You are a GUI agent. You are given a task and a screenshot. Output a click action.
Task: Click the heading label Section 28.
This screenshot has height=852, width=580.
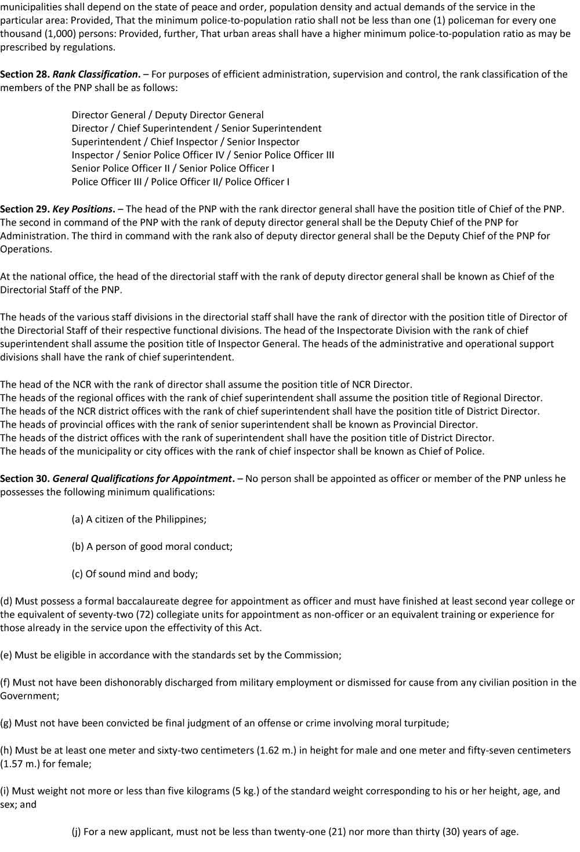[x=24, y=74]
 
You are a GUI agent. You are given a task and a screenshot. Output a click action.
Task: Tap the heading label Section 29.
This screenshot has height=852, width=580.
[x=24, y=209]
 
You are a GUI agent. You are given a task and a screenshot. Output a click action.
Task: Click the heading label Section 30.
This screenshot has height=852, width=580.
[x=24, y=478]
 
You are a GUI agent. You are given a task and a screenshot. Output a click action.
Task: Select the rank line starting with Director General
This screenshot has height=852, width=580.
[x=167, y=115]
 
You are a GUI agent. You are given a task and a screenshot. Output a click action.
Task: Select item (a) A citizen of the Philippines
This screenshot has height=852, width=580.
[x=139, y=519]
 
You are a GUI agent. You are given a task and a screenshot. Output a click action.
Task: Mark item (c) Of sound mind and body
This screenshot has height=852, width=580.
[x=135, y=574]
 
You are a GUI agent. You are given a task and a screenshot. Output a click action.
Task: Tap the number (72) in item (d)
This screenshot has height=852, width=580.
[x=132, y=614]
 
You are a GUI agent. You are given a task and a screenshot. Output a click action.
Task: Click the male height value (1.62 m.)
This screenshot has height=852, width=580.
[x=282, y=750]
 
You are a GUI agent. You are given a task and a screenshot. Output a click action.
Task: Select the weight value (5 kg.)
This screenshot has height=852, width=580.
[x=244, y=791]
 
